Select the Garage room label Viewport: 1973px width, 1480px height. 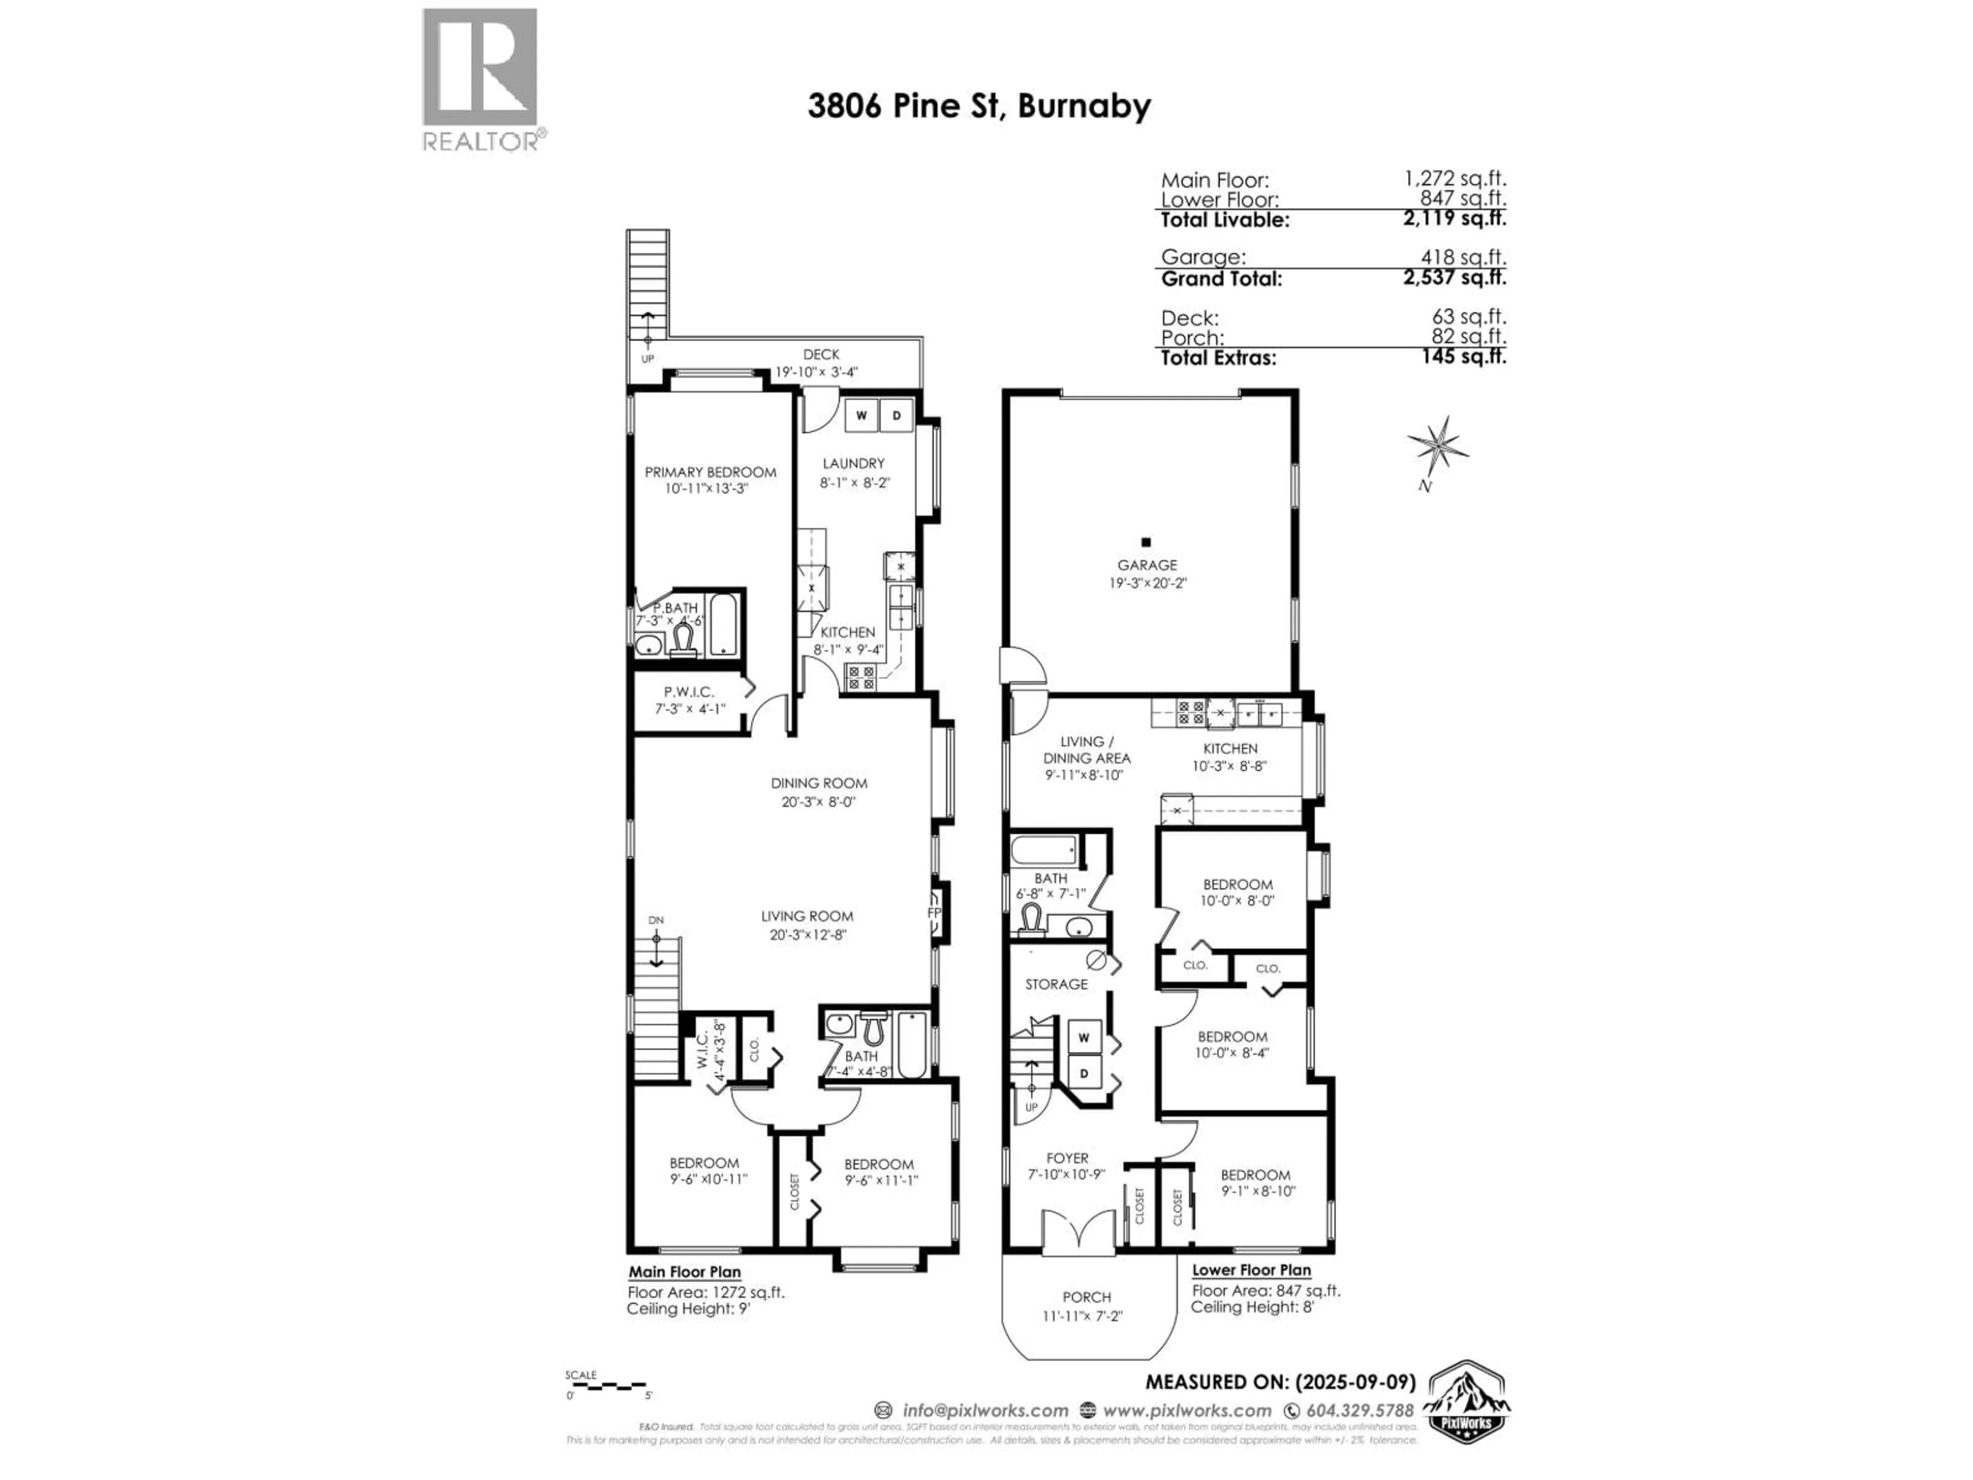pos(1147,566)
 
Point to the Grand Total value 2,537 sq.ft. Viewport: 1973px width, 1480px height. pos(1454,277)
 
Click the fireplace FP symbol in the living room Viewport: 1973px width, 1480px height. pos(934,914)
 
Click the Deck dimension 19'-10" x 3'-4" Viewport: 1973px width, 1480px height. pos(816,372)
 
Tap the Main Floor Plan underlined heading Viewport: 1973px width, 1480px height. pos(684,1272)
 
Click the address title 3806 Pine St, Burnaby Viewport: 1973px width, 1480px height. pos(978,106)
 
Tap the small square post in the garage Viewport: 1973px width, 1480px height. pos(1146,542)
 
